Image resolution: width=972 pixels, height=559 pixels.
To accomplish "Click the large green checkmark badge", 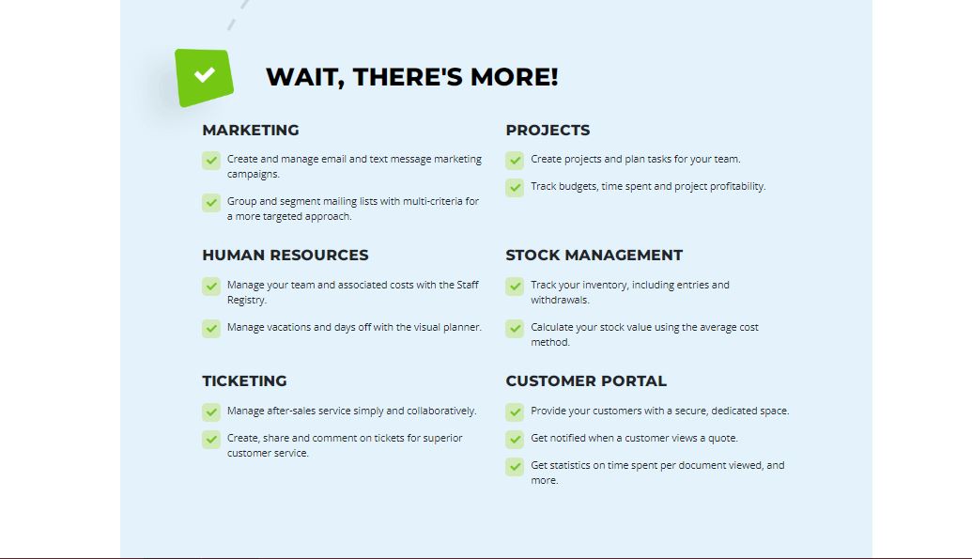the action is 204,77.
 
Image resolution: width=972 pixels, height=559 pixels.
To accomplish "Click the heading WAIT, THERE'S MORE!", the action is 412,77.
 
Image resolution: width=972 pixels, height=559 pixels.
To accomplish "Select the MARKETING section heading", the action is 251,131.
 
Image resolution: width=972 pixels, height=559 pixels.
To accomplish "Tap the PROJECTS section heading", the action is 548,131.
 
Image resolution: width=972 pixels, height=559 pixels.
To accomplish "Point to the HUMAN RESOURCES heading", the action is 285,255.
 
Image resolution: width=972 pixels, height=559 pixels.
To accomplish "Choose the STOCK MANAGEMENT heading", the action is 594,255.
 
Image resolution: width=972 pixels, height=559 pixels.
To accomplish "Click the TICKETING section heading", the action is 244,380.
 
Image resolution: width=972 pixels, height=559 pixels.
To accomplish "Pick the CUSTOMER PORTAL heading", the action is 586,380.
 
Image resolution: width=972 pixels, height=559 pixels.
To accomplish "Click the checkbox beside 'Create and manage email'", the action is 211,161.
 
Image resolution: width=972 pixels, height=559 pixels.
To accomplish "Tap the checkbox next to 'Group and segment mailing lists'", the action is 211,203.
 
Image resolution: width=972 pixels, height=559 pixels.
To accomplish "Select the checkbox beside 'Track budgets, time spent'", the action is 515,187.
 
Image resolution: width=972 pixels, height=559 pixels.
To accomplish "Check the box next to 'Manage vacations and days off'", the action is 211,328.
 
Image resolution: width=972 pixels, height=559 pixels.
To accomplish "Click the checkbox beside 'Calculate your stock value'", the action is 515,328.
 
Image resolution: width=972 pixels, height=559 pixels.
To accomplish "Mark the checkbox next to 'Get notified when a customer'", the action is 515,440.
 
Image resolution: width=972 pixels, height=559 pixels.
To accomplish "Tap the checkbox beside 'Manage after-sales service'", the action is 211,411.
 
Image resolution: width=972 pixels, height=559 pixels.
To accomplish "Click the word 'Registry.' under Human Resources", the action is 247,301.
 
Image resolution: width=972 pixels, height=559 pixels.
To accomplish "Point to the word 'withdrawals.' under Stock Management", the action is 560,301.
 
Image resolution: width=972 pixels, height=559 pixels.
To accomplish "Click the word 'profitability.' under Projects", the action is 737,186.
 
